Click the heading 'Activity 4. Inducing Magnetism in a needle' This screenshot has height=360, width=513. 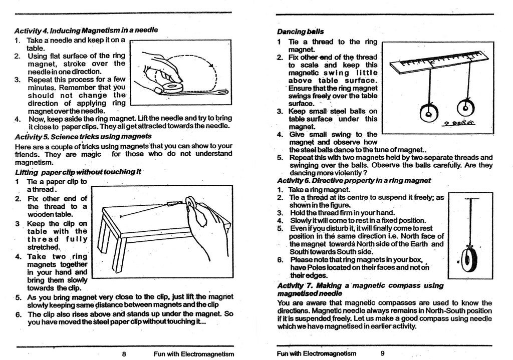coord(86,30)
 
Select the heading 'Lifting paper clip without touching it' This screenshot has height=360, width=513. coord(78,172)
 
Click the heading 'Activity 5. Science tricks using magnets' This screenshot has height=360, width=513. coord(83,136)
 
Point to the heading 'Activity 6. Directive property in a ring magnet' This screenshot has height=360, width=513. coord(354,180)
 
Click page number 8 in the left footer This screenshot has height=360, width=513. coord(124,353)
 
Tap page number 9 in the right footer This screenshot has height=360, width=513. coord(382,353)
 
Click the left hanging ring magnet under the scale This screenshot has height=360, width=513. coord(429,115)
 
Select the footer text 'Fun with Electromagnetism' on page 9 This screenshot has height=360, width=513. coord(316,353)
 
